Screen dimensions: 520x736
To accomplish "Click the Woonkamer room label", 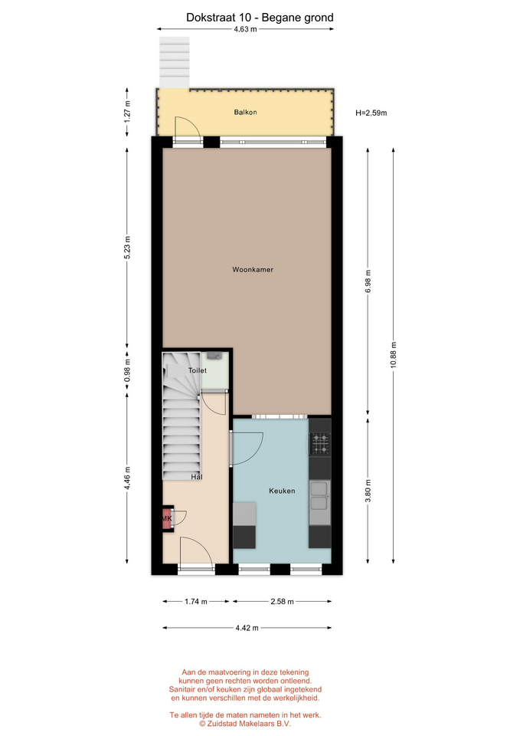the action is [x=253, y=269].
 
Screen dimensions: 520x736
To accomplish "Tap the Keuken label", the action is [x=282, y=491].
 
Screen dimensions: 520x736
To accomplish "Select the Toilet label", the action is [x=198, y=370].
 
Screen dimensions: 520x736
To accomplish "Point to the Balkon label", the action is [x=245, y=112].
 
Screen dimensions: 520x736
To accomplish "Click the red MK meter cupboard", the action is [x=168, y=518].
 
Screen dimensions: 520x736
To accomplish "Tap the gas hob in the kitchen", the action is [x=320, y=444].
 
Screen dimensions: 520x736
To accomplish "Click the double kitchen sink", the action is [x=320, y=496].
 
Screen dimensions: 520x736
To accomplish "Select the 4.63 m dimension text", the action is [x=245, y=29].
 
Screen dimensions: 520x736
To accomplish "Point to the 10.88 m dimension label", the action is [x=393, y=355].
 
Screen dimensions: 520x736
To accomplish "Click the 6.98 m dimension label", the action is [x=368, y=281].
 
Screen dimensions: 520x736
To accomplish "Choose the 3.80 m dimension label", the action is [x=368, y=491].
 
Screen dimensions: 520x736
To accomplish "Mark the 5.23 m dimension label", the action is [x=127, y=248].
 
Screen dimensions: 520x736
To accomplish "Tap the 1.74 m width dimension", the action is [x=196, y=601].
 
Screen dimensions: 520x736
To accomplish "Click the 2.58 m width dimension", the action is [x=283, y=601].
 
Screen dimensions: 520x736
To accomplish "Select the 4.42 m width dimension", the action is [x=247, y=628].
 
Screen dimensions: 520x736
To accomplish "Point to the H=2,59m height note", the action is [x=371, y=113].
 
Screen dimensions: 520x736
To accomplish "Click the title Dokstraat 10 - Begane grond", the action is [x=260, y=18].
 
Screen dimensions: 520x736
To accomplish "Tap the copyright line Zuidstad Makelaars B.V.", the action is [x=245, y=723].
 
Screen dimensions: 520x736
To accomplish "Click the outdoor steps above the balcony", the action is [x=175, y=62].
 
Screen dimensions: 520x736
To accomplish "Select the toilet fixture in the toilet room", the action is [x=214, y=355].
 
